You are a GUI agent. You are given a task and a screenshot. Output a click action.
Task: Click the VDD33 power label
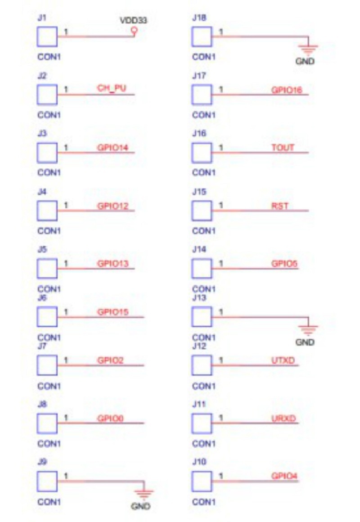pyautogui.click(x=134, y=21)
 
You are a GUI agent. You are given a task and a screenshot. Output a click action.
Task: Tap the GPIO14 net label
pyautogui.click(x=113, y=147)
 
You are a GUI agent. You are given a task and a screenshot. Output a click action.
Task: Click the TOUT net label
pyautogui.click(x=283, y=147)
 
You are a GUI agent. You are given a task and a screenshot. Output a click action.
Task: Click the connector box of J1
pyautogui.click(x=47, y=36)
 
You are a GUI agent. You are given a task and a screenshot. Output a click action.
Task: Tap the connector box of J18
pyautogui.click(x=202, y=36)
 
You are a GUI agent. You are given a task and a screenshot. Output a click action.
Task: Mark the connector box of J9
pyautogui.click(x=47, y=481)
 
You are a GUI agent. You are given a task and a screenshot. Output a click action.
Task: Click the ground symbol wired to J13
pyautogui.click(x=308, y=329)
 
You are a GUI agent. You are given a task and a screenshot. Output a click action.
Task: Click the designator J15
pyautogui.click(x=199, y=192)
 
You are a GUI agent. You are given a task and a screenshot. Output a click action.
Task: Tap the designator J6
pyautogui.click(x=42, y=298)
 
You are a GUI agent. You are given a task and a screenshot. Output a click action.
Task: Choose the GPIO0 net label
pyautogui.click(x=111, y=418)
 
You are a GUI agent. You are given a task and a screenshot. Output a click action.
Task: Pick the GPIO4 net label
pyautogui.click(x=284, y=476)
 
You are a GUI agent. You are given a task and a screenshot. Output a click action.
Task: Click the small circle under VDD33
pyautogui.click(x=133, y=31)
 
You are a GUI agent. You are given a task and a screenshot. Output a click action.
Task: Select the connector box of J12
pyautogui.click(x=202, y=364)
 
